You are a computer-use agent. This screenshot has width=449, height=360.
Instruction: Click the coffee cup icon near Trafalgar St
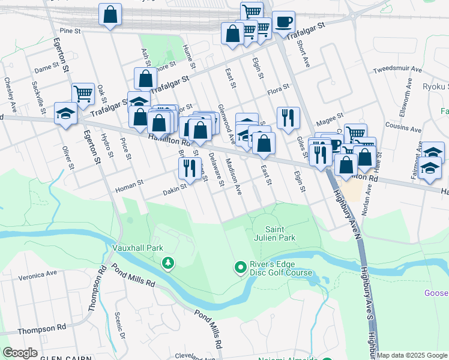[283, 23]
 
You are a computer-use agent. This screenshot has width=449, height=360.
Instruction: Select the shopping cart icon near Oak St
[83, 93]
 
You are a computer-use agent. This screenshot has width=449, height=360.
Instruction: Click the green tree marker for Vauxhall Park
[168, 262]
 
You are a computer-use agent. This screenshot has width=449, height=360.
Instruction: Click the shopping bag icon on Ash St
[146, 78]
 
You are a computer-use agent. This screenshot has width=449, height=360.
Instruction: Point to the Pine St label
[70, 30]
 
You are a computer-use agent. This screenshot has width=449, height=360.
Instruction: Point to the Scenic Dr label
[119, 326]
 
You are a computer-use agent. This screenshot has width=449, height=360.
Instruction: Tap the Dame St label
[45, 70]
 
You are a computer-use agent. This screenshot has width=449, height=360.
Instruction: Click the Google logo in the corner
[20, 353]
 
